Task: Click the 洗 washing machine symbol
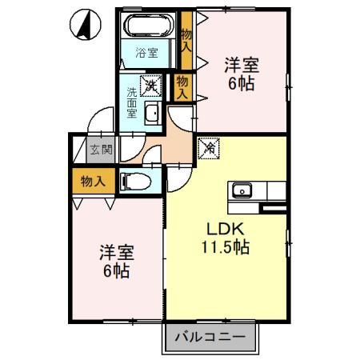150,82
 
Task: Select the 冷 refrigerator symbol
208,148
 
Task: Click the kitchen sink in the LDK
241,190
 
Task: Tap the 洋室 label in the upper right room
240,66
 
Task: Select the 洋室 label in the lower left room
115,253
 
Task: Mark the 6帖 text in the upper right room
240,83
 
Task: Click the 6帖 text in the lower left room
115,270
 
